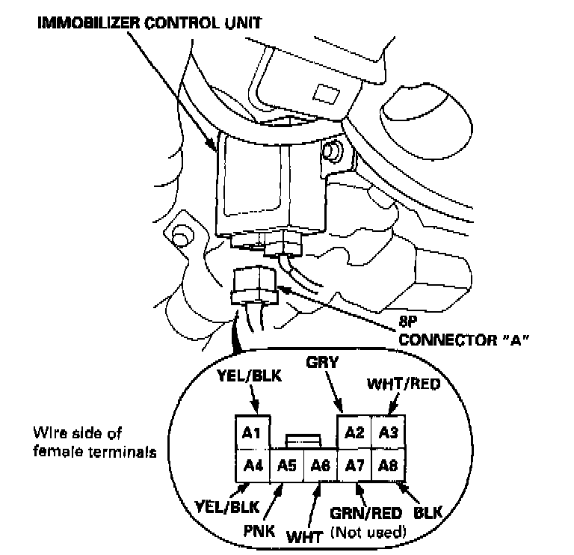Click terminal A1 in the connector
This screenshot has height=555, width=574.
pyautogui.click(x=253, y=432)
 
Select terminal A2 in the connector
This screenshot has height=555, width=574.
pyautogui.click(x=355, y=432)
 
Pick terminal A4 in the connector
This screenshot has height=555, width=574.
pyautogui.click(x=253, y=464)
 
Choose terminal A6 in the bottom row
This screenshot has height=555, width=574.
pyautogui.click(x=321, y=465)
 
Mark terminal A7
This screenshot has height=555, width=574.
pyautogui.click(x=355, y=465)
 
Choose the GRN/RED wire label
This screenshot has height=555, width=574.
pyautogui.click(x=366, y=514)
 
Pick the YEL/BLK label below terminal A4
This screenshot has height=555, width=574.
pyautogui.click(x=229, y=508)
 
